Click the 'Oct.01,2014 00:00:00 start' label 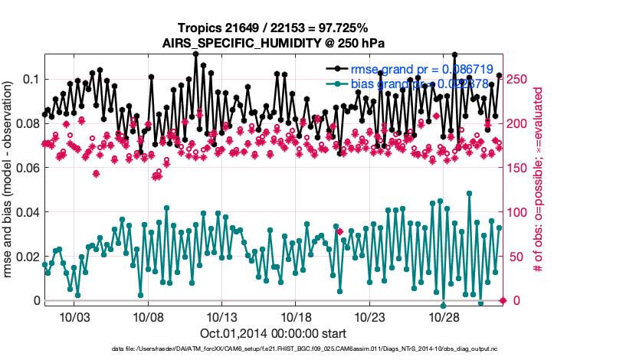273,334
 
